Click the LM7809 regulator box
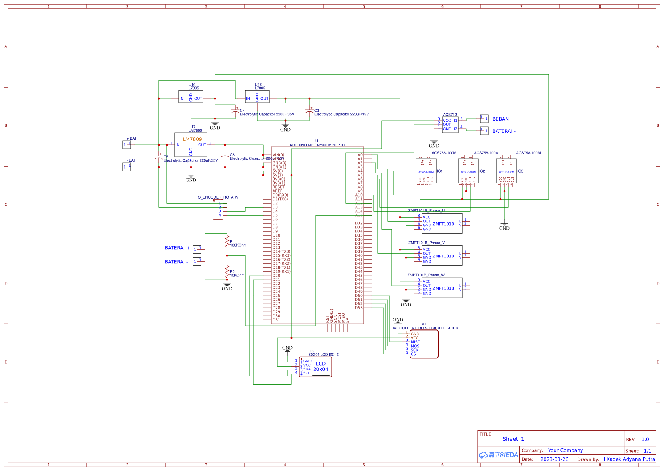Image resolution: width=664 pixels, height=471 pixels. point(191,145)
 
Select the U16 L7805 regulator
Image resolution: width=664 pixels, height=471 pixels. point(191,97)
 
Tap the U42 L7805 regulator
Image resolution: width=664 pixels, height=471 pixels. point(257,97)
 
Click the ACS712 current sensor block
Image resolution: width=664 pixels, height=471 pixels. point(450,125)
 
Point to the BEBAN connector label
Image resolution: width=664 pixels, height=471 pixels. point(500,119)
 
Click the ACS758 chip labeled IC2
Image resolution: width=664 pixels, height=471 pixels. point(468,171)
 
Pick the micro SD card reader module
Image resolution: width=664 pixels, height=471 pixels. point(424,344)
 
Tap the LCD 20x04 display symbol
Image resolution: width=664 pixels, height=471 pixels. point(320,367)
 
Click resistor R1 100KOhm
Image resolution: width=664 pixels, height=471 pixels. point(227,241)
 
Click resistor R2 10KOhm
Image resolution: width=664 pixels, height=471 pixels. point(227,271)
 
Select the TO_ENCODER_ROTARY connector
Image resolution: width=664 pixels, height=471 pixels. point(218,209)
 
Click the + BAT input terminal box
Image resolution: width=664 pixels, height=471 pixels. point(127,145)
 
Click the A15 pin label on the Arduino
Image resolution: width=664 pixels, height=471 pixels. point(359,215)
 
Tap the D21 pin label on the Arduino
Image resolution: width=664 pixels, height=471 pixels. point(276,280)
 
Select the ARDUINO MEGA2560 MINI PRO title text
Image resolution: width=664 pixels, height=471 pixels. point(317,145)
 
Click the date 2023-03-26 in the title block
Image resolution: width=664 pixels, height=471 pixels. point(554,459)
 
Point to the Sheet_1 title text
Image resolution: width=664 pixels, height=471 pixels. point(513,439)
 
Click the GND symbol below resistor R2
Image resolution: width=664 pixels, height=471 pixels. point(227,286)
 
